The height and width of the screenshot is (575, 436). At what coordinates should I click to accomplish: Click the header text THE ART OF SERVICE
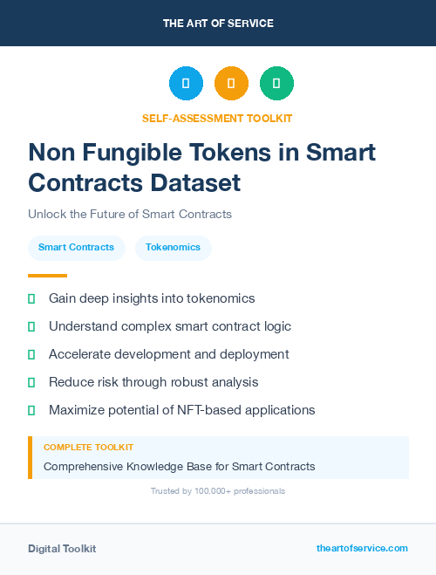tap(218, 24)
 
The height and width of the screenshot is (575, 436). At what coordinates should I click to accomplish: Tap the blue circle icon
tap(186, 84)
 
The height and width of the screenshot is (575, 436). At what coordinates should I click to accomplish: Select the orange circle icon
tap(231, 84)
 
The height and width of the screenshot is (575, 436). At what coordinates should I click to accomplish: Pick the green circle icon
tap(276, 84)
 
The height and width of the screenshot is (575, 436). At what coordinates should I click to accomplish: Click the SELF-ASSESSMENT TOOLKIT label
tap(218, 118)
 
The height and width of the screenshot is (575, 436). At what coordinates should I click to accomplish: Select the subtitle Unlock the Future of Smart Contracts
tap(130, 214)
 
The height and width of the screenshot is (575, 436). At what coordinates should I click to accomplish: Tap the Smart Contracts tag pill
tap(76, 248)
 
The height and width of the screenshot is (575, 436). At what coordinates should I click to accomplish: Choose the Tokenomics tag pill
tap(173, 248)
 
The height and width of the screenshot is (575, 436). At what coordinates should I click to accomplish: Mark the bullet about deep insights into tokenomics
tap(152, 298)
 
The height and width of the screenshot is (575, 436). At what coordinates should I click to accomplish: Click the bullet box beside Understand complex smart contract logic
tap(31, 326)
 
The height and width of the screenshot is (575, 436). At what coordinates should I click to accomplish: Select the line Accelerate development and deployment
tap(168, 354)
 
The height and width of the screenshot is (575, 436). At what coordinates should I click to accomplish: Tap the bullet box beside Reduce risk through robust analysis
tap(31, 382)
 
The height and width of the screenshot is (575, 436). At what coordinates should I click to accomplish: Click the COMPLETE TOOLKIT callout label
tap(89, 447)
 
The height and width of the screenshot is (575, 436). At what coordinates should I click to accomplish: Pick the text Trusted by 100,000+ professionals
tap(218, 491)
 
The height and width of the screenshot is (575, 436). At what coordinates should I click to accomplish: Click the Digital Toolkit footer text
tap(62, 549)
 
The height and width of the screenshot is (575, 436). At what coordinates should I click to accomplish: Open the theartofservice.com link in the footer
tap(362, 548)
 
